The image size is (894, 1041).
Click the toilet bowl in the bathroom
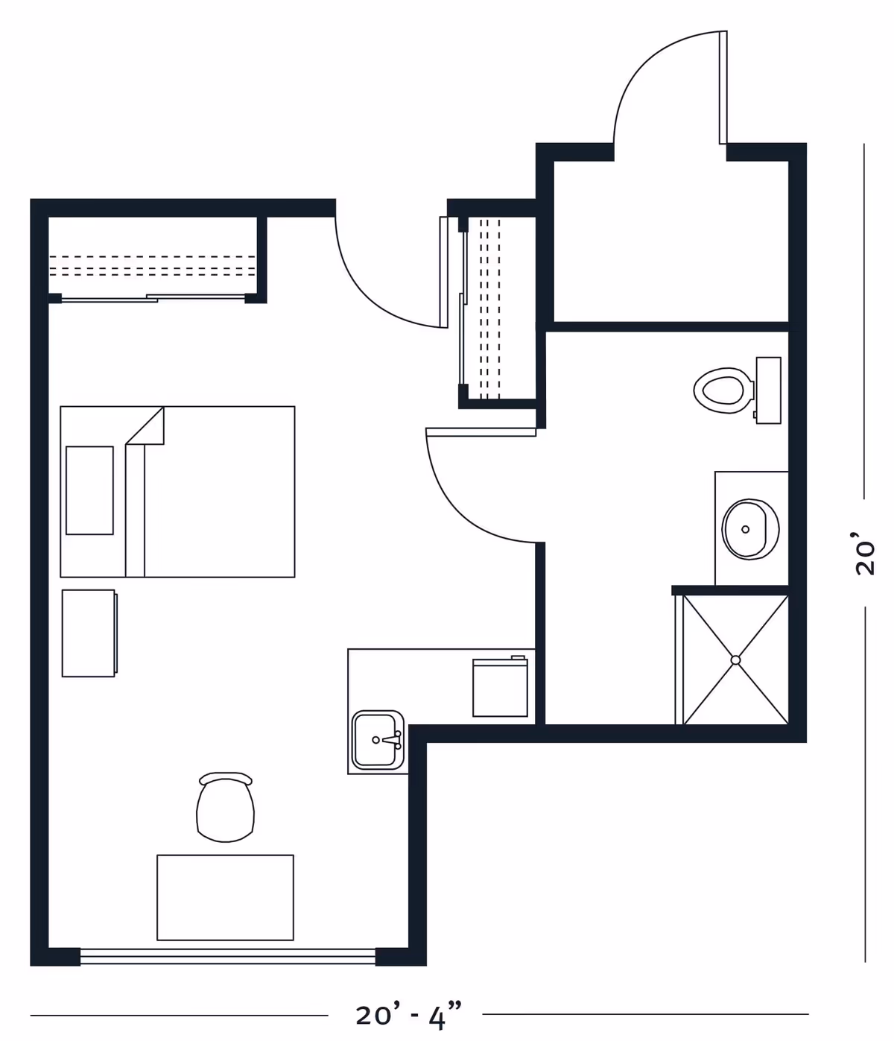click(x=723, y=390)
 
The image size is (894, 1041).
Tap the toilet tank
click(x=769, y=390)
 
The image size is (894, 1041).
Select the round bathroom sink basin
click(x=750, y=529)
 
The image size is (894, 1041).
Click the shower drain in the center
click(x=735, y=659)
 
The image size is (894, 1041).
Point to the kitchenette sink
click(x=378, y=740)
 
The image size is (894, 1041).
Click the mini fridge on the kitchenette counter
click(x=500, y=686)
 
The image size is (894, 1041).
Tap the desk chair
click(x=225, y=807)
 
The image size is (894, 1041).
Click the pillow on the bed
click(x=89, y=490)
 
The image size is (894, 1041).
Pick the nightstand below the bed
click(x=89, y=633)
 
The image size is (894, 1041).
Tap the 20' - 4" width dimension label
click(x=408, y=1016)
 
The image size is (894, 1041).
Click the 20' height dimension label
click(x=865, y=552)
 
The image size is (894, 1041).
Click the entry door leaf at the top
click(x=723, y=87)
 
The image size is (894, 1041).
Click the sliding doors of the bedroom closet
click(x=153, y=298)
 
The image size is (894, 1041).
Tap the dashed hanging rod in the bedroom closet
click(x=152, y=266)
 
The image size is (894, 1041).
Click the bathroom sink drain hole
click(x=746, y=529)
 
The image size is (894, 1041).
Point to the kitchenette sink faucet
click(x=392, y=740)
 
